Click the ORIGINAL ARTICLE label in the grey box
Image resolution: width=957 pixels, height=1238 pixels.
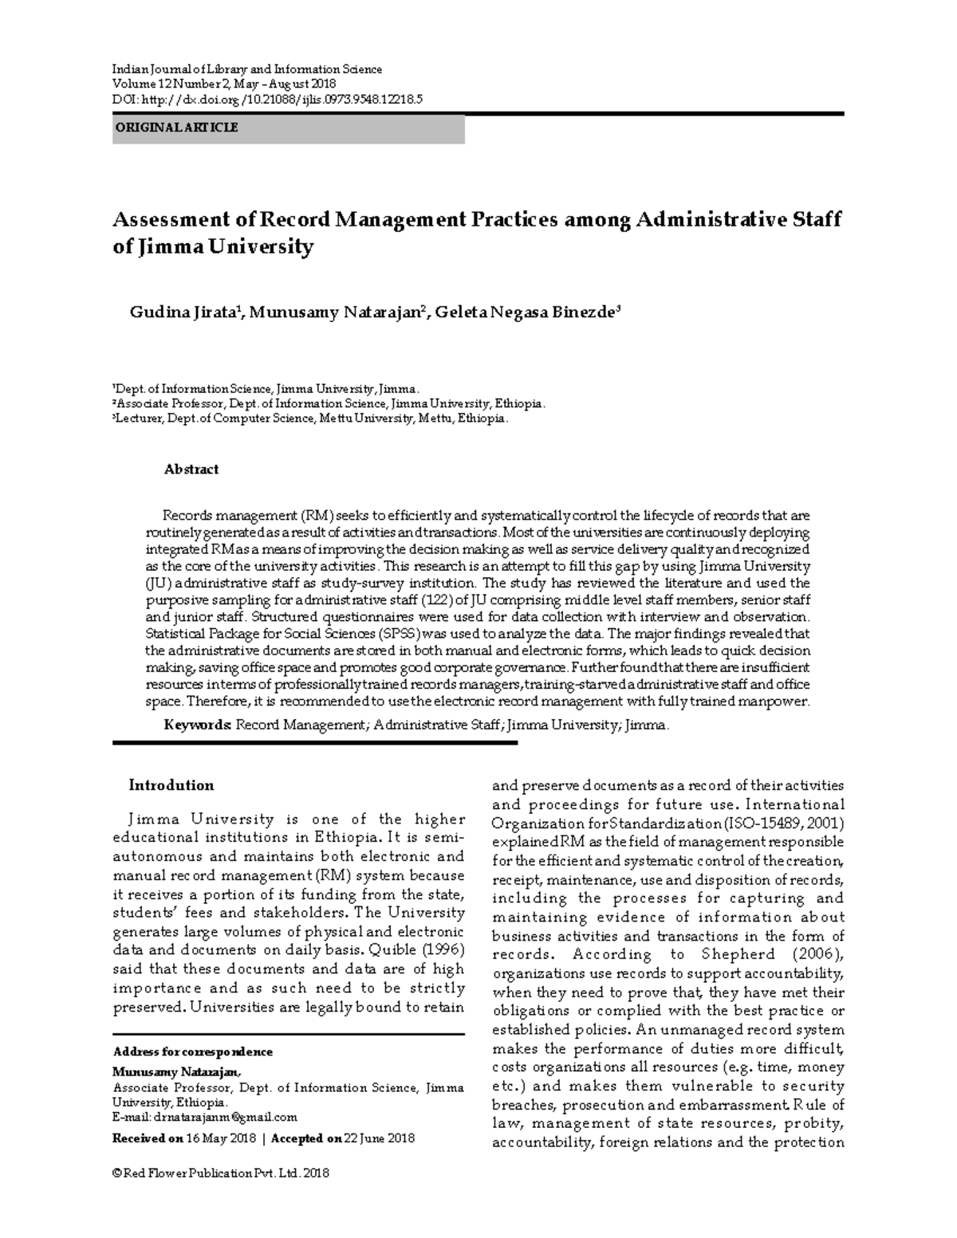(176, 128)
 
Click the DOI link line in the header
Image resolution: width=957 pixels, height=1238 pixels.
(268, 99)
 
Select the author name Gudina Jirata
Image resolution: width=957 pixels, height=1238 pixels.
(183, 312)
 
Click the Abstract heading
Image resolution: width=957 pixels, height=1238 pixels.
(191, 470)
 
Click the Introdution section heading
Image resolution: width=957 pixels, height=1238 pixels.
(171, 785)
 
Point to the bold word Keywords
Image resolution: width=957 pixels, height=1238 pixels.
(198, 725)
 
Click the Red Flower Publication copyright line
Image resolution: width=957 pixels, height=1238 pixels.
(221, 1173)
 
